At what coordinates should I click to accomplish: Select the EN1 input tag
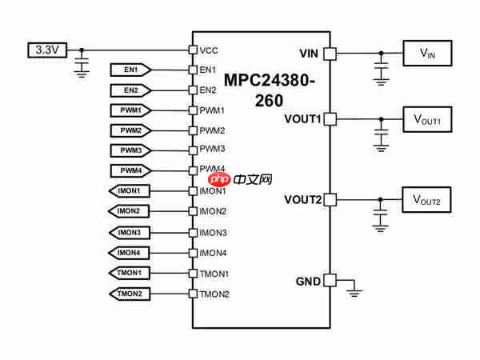pyautogui.click(x=130, y=70)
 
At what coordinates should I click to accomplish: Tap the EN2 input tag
pyautogui.click(x=130, y=90)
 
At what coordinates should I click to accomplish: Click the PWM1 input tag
pyautogui.click(x=130, y=110)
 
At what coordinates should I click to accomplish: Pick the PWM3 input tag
pyautogui.click(x=130, y=150)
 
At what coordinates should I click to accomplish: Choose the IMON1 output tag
pyautogui.click(x=129, y=191)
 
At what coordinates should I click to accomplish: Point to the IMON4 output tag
pyautogui.click(x=129, y=253)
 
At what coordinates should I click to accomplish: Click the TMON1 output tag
pyautogui.click(x=129, y=273)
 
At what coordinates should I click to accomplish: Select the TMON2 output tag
pyautogui.click(x=129, y=294)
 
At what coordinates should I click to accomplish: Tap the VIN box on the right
pyautogui.click(x=426, y=54)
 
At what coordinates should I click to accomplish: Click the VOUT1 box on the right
pyautogui.click(x=426, y=119)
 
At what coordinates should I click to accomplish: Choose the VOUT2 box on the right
pyautogui.click(x=426, y=198)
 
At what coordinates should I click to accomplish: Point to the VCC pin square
pyautogui.click(x=192, y=50)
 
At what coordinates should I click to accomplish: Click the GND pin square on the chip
pyautogui.click(x=329, y=282)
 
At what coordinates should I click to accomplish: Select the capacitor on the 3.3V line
pyautogui.click(x=81, y=62)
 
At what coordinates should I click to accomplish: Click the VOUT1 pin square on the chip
pyautogui.click(x=329, y=119)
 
